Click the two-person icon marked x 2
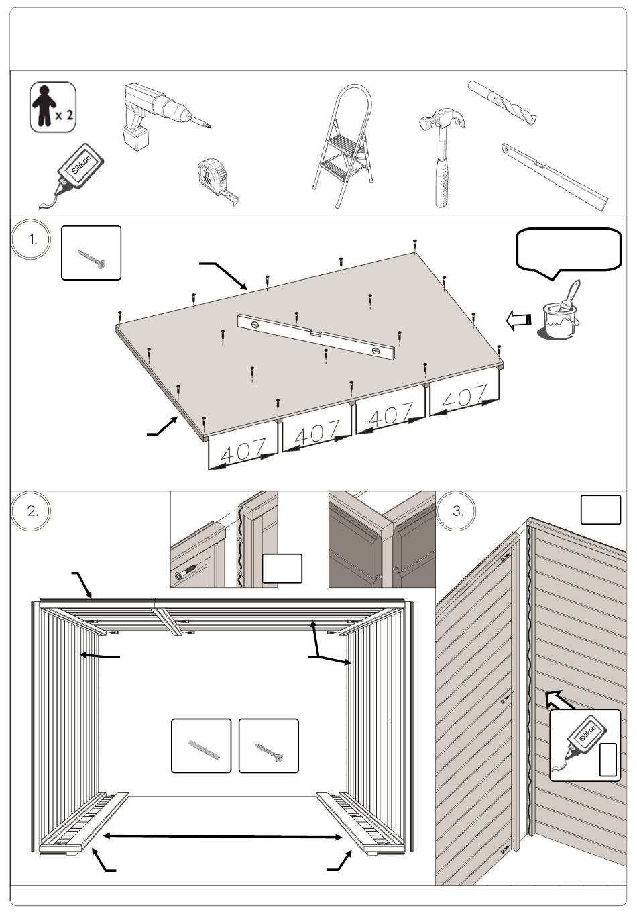(x=52, y=107)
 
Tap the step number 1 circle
(x=32, y=240)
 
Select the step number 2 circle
(x=32, y=511)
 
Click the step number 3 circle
(x=458, y=511)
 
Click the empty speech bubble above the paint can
(x=569, y=250)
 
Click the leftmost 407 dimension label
(x=243, y=450)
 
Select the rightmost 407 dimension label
(x=465, y=397)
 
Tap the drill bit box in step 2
(x=201, y=746)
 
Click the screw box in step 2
(x=268, y=746)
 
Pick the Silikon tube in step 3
(x=580, y=742)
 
